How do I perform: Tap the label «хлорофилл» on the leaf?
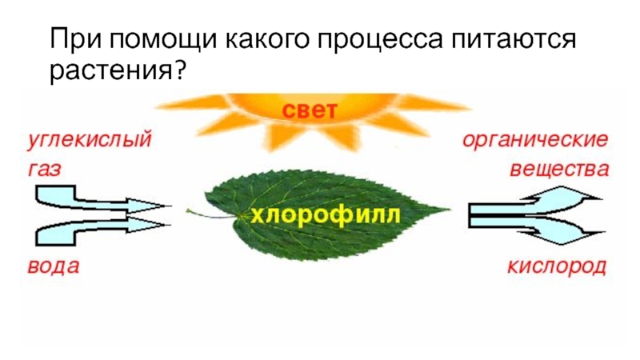(x=325, y=216)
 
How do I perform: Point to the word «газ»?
(x=45, y=170)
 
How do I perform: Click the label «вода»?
(x=54, y=266)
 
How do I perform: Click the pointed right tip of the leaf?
(x=449, y=210)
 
